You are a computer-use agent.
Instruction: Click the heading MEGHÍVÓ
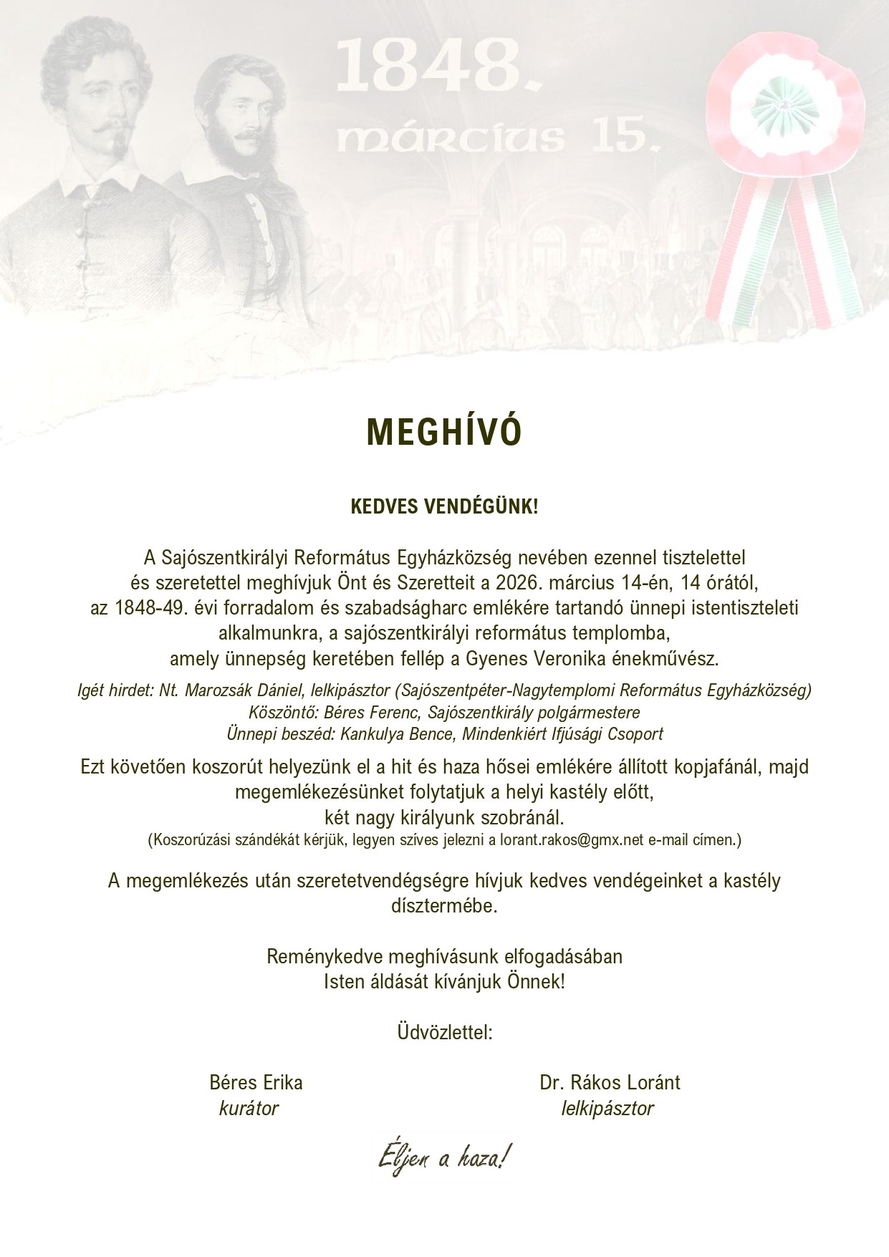click(x=444, y=431)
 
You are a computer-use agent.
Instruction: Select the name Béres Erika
click(x=256, y=1082)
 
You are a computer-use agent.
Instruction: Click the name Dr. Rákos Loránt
click(x=610, y=1082)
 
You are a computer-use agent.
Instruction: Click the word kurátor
click(x=249, y=1109)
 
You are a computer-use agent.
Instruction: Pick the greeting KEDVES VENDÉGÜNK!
click(x=444, y=508)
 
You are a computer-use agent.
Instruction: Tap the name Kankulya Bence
click(x=399, y=734)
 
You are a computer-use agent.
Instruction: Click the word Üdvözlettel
click(x=444, y=1033)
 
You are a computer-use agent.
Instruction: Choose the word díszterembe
click(x=444, y=906)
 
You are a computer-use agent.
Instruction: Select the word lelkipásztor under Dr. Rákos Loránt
click(x=607, y=1109)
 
